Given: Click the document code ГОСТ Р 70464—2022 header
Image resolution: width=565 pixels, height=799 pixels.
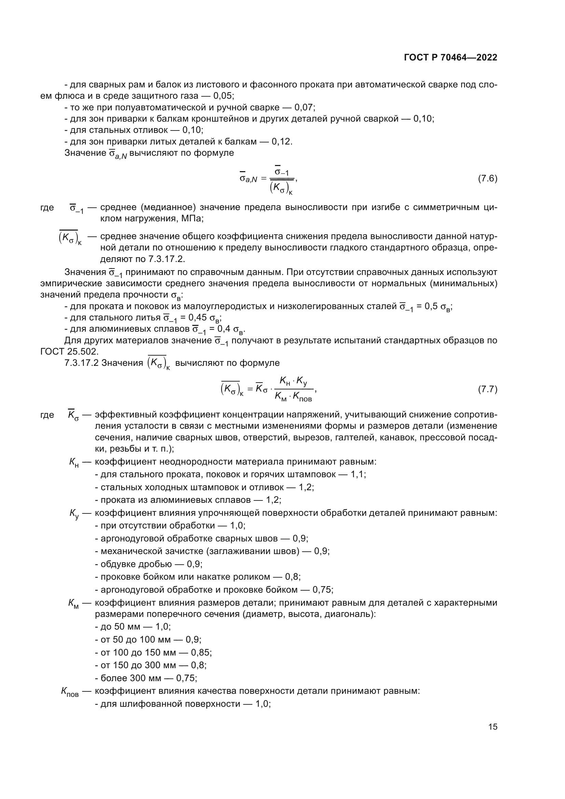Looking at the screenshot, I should coord(450,58).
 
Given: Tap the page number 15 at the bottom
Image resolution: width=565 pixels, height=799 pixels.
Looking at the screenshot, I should coord(493,727).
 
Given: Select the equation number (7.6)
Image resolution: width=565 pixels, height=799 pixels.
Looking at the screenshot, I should coord(487,179).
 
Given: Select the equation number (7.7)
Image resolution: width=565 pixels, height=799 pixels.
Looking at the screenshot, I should coord(487,389).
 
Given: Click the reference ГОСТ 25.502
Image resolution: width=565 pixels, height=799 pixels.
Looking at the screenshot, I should coord(69,352).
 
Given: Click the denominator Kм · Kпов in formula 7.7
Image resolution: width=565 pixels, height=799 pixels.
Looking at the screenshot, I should coord(293,397).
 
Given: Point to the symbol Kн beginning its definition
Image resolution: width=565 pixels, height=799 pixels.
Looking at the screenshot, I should coord(74,462).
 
